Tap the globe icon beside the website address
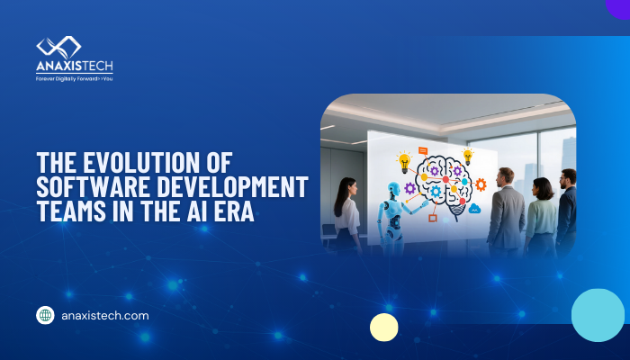(x=45, y=316)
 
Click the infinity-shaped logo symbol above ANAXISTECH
(x=58, y=48)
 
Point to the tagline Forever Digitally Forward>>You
(x=74, y=78)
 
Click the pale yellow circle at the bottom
(x=384, y=327)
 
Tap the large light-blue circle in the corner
(x=598, y=315)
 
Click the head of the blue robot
(x=392, y=191)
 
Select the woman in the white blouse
(x=347, y=216)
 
